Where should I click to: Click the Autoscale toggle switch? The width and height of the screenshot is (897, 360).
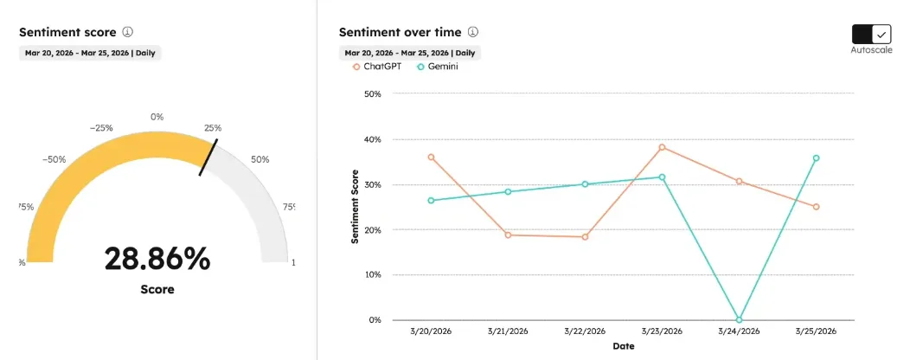click(871, 34)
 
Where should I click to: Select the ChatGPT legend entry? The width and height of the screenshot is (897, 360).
click(376, 67)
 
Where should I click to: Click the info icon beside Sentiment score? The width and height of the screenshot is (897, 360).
click(127, 32)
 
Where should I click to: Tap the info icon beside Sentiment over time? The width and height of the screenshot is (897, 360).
click(473, 32)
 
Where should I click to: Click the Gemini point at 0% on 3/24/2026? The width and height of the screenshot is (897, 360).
click(739, 319)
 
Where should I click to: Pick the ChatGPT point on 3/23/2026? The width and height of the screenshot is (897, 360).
click(662, 147)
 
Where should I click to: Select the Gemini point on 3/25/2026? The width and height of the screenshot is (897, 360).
click(816, 158)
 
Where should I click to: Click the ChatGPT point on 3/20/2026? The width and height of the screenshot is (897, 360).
click(431, 157)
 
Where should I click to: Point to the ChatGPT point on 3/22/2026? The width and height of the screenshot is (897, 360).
click(585, 236)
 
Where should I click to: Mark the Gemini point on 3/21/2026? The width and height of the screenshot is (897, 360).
click(508, 191)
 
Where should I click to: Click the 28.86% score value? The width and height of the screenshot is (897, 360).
click(157, 259)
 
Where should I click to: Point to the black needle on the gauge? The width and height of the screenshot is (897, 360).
click(208, 157)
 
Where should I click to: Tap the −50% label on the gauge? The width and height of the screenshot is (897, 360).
click(54, 159)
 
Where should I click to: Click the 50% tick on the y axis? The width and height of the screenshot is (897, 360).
click(373, 93)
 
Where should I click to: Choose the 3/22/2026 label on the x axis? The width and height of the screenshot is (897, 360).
click(585, 331)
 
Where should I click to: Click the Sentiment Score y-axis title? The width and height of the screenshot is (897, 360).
click(355, 207)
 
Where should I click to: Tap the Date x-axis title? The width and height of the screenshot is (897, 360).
click(623, 346)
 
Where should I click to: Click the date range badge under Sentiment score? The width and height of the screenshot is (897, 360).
click(90, 52)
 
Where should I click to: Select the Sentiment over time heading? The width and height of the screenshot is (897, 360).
click(400, 32)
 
